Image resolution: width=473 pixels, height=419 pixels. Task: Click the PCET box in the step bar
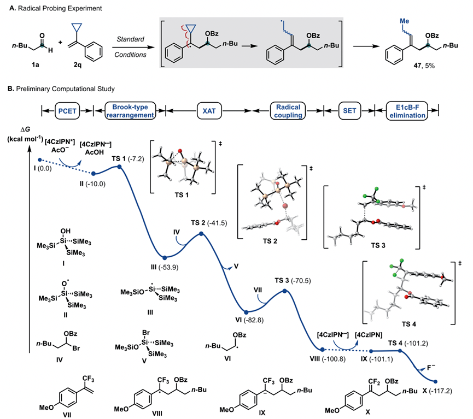click(x=69, y=108)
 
